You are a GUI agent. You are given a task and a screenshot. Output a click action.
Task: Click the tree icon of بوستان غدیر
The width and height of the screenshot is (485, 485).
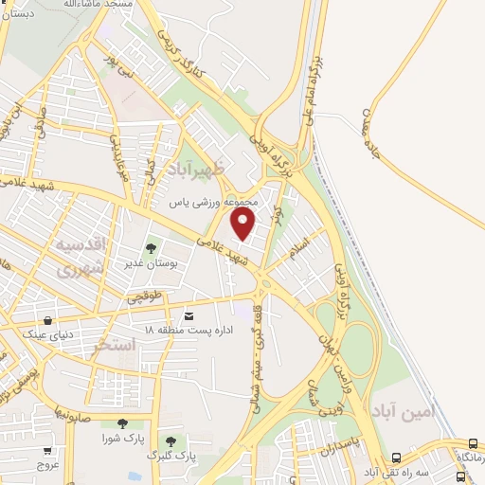coord(151,249)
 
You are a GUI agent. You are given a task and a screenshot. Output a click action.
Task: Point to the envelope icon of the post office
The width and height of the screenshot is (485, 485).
coord(189,314)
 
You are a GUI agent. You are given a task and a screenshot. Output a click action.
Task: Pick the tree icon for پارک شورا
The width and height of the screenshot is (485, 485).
coord(120,424)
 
